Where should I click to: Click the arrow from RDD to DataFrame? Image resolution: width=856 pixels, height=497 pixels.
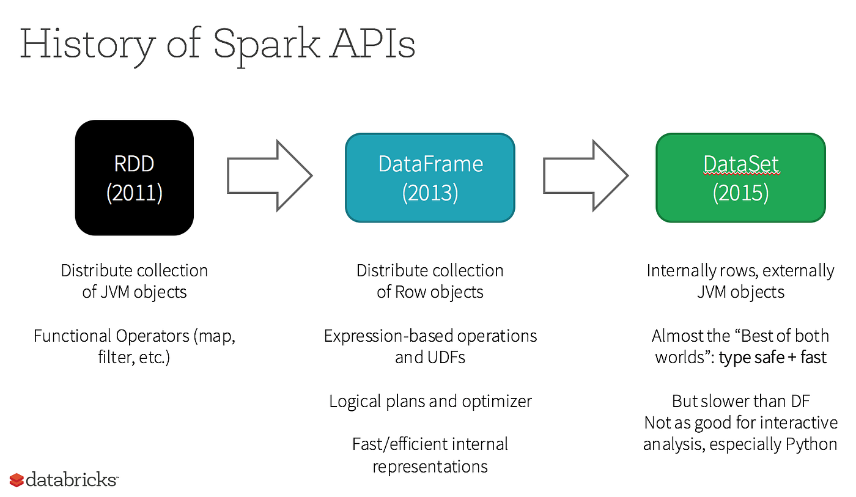point(270,176)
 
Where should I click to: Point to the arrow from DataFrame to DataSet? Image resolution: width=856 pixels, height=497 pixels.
point(585,176)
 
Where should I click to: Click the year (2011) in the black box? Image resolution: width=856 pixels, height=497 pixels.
point(134,193)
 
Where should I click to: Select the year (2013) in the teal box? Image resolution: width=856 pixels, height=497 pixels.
point(430,193)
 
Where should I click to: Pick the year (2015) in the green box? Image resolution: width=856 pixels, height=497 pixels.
point(740,193)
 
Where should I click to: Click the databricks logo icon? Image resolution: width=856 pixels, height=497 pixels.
point(17,480)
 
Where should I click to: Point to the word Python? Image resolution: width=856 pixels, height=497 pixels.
point(807,444)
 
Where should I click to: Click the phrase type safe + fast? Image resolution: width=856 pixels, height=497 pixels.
point(773,357)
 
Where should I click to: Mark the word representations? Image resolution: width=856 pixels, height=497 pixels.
point(430,466)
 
